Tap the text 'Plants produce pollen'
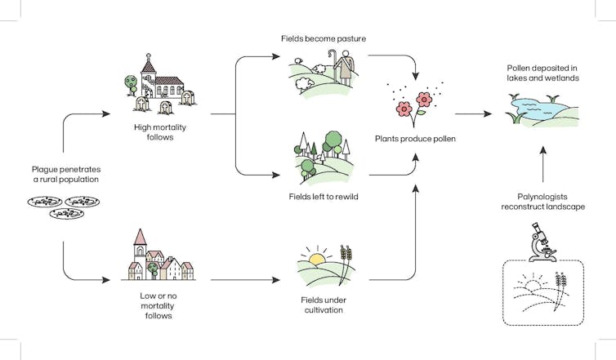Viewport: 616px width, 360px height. (415, 139)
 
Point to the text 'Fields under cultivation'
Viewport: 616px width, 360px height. (320, 305)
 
